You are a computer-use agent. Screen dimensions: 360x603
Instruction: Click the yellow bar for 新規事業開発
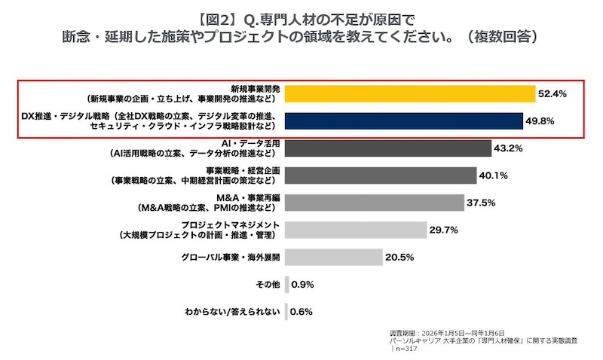coord(409,93)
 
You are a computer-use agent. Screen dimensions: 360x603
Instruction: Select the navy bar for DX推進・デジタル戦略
coord(403,121)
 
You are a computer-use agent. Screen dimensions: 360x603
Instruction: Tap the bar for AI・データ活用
coord(388,148)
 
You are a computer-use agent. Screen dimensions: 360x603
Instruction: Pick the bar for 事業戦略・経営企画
coord(381,175)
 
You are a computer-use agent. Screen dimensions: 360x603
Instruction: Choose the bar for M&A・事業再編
coord(375,203)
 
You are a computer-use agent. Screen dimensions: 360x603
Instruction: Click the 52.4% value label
coord(552,93)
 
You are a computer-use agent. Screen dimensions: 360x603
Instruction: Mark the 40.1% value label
coord(493,175)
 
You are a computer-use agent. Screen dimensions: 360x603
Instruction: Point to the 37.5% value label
coord(482,203)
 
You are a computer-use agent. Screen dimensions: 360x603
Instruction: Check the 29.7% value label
coord(444,230)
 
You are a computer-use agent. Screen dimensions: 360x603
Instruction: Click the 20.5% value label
coord(400,258)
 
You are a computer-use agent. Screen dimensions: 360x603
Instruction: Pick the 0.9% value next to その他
coord(302,285)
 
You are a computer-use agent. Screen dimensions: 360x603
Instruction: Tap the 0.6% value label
coord(301,312)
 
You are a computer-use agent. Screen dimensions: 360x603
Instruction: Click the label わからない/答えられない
coord(232,312)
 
